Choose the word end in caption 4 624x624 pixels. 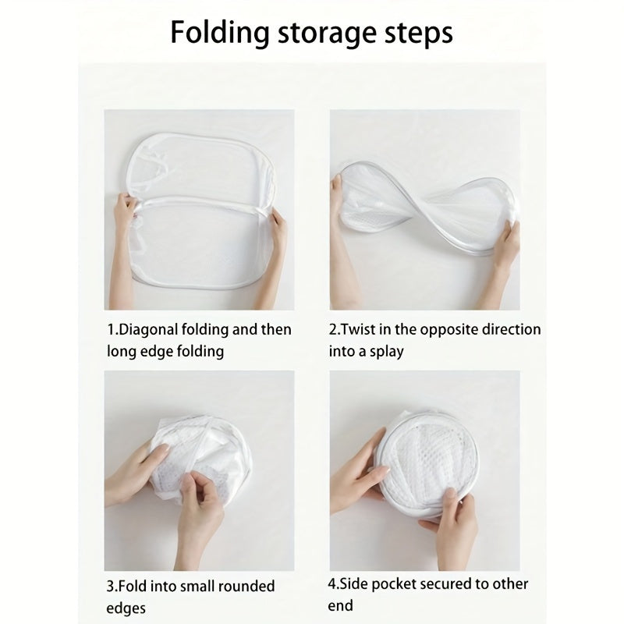point(341,605)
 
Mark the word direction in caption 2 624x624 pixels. point(512,329)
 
